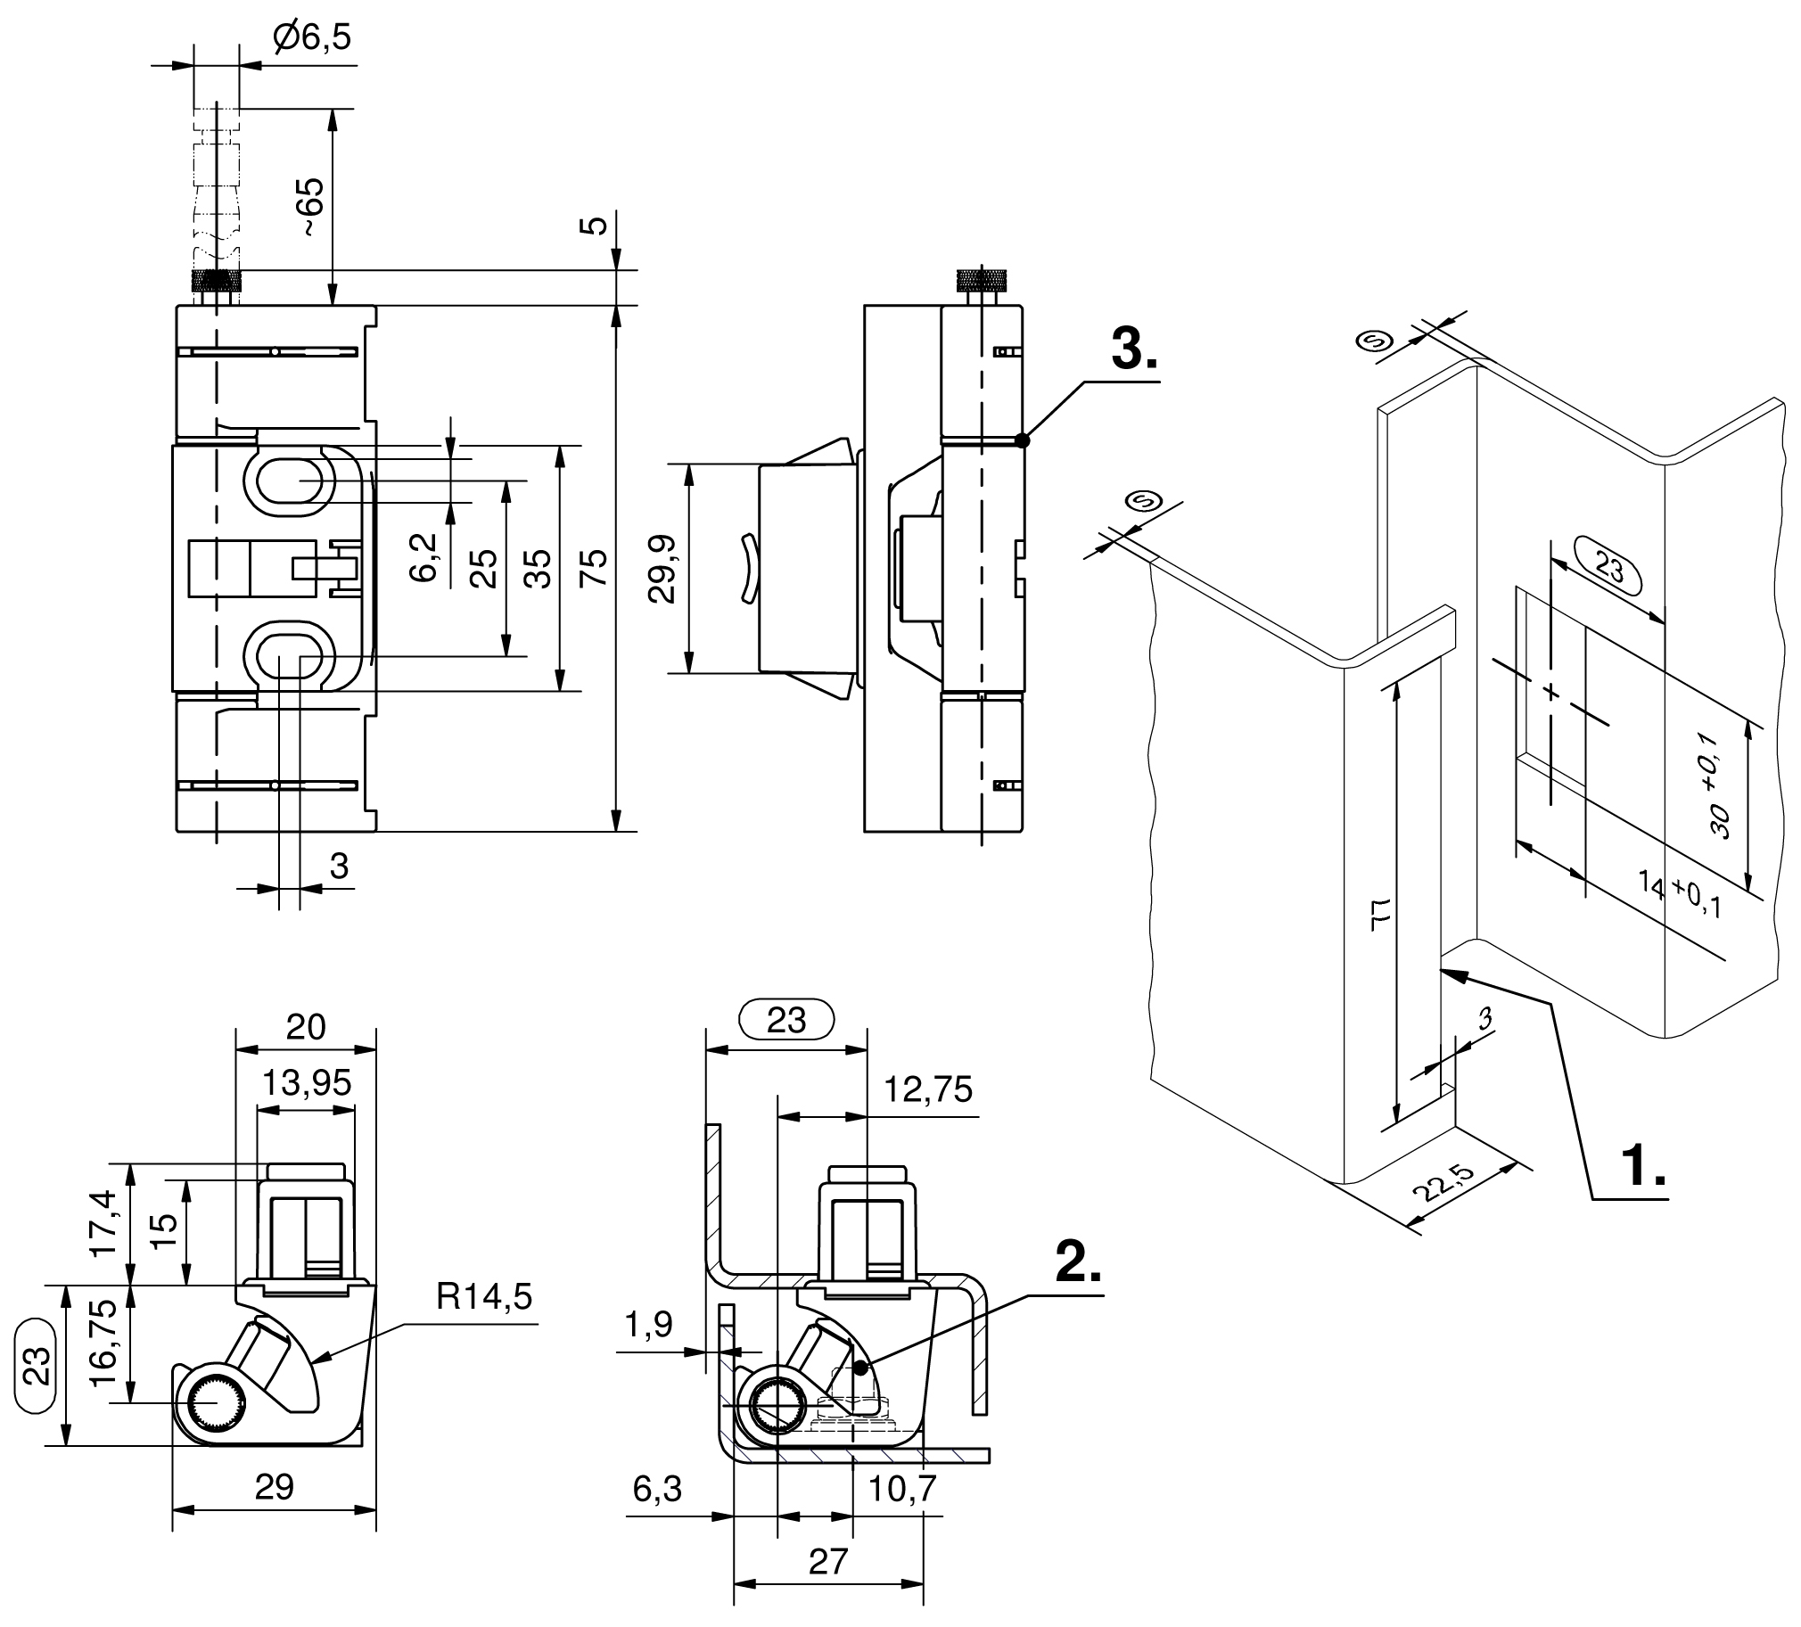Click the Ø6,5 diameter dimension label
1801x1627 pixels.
pyautogui.click(x=313, y=37)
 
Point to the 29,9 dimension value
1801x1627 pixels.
pyautogui.click(x=662, y=569)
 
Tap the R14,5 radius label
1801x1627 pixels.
pyautogui.click(x=484, y=1295)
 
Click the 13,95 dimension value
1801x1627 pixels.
pyautogui.click(x=307, y=1083)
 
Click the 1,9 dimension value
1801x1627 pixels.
pyautogui.click(x=648, y=1325)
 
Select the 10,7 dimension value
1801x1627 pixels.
pyautogui.click(x=902, y=1489)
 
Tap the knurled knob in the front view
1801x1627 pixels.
pyautogui.click(x=216, y=282)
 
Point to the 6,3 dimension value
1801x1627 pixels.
pyautogui.click(x=657, y=1489)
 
